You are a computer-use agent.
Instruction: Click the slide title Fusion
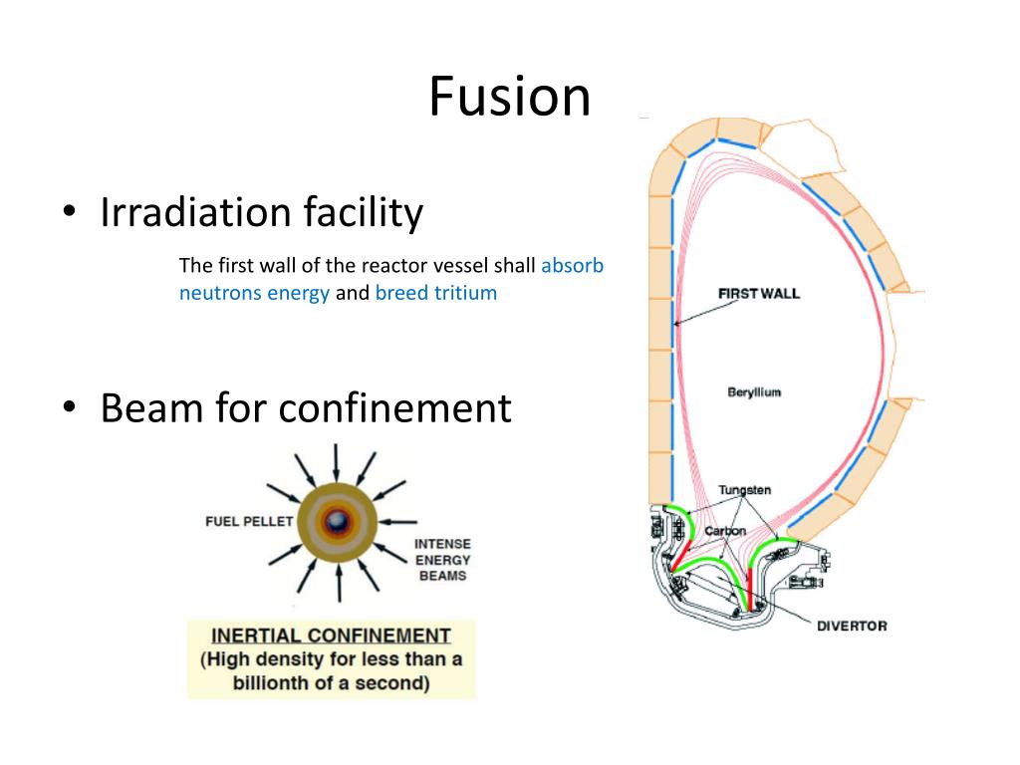[x=509, y=98]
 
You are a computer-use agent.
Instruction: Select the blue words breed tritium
[x=435, y=294]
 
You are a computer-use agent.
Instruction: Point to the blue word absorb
[x=573, y=266]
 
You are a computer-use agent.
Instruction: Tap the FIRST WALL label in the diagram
[x=758, y=293]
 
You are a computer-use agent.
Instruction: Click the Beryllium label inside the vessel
[x=754, y=392]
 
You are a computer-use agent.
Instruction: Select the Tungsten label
[x=744, y=490]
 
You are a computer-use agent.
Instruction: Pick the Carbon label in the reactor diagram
[x=725, y=531]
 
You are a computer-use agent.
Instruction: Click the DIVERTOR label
[x=852, y=626]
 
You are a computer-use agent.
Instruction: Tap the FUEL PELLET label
[x=249, y=521]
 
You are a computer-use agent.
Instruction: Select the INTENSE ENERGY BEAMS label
[x=442, y=560]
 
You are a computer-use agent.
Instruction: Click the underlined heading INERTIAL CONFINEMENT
[x=331, y=636]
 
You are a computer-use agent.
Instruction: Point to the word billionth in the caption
[x=277, y=683]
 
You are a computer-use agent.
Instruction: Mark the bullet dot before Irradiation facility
[x=69, y=214]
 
